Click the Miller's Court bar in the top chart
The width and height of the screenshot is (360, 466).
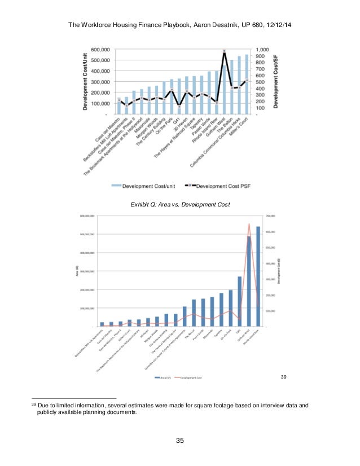pos(247,85)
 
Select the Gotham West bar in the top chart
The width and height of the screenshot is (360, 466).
pos(225,90)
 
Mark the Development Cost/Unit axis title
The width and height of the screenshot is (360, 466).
pos(86,81)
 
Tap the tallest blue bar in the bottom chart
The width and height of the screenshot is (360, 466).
pos(258,276)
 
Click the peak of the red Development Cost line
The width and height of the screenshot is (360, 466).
pos(249,224)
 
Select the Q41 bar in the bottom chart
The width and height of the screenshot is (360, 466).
pos(239,301)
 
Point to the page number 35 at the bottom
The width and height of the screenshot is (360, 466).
pos(180,441)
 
